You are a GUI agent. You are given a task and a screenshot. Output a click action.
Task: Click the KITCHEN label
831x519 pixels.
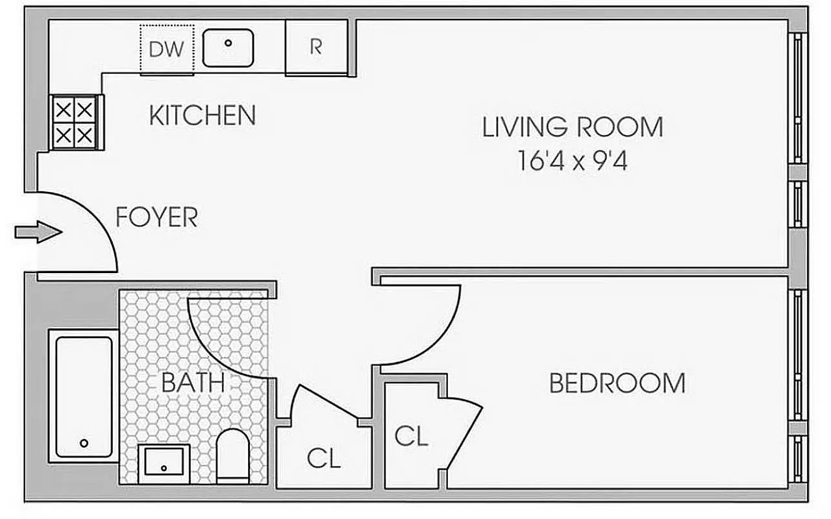point(202,115)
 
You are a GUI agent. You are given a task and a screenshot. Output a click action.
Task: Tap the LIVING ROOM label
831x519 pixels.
point(573,127)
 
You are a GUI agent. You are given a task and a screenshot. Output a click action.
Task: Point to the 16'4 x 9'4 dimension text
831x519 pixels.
point(573,160)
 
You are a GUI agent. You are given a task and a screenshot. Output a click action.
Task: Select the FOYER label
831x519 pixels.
point(156,217)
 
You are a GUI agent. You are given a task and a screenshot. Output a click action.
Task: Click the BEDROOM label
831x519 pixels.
point(617,383)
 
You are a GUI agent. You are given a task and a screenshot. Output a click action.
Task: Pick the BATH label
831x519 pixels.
point(192,383)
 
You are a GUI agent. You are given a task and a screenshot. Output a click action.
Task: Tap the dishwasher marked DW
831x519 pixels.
point(167,49)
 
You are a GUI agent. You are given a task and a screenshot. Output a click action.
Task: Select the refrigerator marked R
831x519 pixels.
point(316,47)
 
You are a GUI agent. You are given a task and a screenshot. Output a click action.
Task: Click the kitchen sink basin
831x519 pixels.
point(228,47)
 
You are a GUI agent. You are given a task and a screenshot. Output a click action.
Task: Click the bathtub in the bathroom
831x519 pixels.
point(84,396)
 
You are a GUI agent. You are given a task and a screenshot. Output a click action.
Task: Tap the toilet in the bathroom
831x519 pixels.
point(232,456)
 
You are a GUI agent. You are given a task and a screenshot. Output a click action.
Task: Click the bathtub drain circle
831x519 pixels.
point(84,444)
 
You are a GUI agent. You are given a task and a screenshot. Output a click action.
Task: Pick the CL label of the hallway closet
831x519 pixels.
point(324,459)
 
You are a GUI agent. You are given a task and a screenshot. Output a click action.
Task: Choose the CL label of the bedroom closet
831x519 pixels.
point(412,437)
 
